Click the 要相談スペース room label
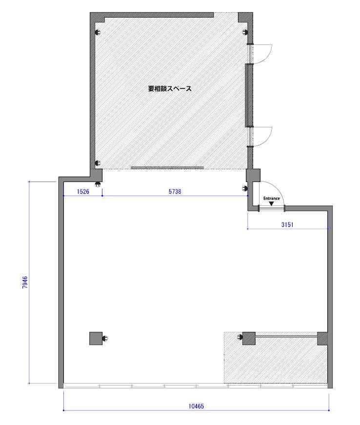[170, 89]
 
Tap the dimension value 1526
[83, 192]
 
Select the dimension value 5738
[175, 192]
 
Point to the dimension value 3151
[287, 224]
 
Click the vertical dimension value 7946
[25, 282]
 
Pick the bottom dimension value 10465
[196, 406]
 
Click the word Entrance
[271, 199]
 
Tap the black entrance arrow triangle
[271, 203]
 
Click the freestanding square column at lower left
[96, 339]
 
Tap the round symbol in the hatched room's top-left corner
[98, 32]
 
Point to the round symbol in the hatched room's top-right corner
[245, 32]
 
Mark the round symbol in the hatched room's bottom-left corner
[98, 163]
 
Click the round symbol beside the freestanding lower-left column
[105, 339]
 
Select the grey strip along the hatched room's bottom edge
[167, 168]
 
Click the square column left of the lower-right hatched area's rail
[249, 338]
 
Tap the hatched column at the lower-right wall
[322, 338]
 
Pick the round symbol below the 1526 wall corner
[98, 185]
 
